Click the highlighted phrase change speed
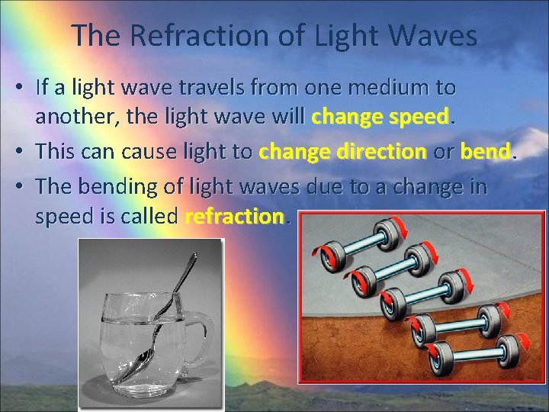380,118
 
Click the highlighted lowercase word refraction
234,217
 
